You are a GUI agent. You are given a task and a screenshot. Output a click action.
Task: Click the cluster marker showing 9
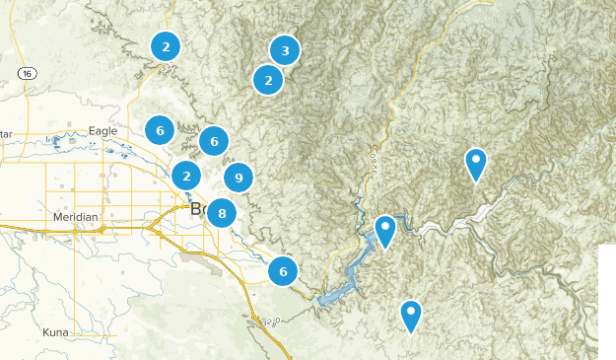click(238, 178)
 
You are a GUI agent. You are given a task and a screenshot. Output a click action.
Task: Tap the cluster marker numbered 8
click(222, 212)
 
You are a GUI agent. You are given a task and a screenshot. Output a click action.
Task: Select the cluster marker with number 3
click(285, 50)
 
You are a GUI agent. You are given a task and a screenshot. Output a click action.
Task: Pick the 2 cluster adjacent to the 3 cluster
click(267, 79)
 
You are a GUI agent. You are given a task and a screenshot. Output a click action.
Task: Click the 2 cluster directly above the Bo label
click(186, 176)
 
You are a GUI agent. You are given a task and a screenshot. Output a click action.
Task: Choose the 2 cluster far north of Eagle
click(166, 45)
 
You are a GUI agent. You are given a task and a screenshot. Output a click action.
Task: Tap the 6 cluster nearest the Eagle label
click(160, 129)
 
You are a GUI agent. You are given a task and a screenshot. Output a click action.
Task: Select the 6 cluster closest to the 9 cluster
click(214, 141)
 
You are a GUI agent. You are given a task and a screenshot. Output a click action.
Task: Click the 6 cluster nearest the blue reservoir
click(283, 270)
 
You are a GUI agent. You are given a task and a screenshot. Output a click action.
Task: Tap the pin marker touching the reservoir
click(385, 230)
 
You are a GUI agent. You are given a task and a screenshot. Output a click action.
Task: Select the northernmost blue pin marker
click(476, 163)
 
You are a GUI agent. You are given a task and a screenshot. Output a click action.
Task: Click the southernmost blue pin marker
click(410, 315)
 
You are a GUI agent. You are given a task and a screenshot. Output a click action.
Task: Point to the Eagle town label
click(103, 131)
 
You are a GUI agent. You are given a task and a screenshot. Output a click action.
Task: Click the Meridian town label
click(76, 217)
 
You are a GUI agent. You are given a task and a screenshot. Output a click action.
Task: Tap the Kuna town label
click(55, 332)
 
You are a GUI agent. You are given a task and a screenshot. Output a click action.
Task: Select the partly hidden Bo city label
click(196, 208)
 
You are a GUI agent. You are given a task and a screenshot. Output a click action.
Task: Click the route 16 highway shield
click(27, 74)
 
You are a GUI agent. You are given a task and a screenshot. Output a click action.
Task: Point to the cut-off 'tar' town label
click(6, 134)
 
